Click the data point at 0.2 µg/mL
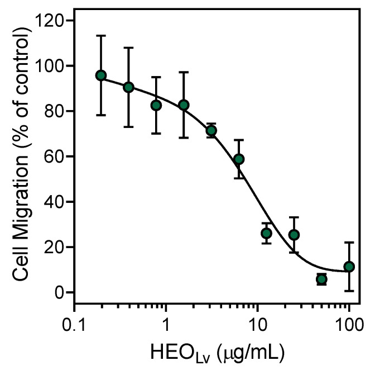click(x=101, y=75)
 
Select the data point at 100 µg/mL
click(x=349, y=267)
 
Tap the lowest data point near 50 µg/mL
click(x=321, y=279)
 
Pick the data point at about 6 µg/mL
click(x=239, y=159)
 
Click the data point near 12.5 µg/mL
click(x=266, y=233)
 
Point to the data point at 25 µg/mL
click(x=294, y=235)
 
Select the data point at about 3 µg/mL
click(x=211, y=131)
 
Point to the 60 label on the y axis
click(x=55, y=156)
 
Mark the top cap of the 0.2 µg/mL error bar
click(x=101, y=36)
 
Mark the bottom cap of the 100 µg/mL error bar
click(x=349, y=291)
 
